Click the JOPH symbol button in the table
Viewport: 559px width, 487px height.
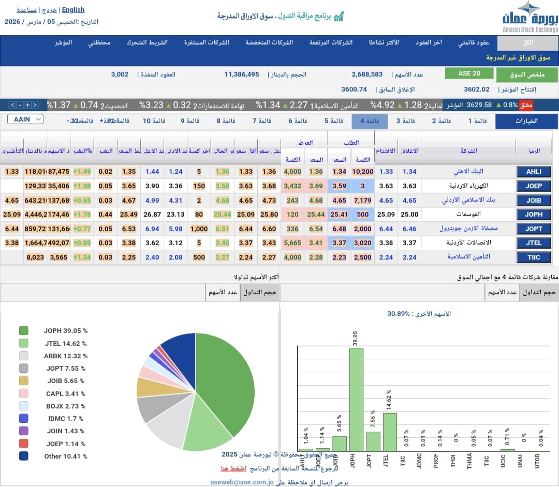534,214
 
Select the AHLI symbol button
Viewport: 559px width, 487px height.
534,172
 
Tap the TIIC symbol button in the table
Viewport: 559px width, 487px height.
534,257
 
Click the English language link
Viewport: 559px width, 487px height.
73,10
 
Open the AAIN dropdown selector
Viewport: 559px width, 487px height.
25,119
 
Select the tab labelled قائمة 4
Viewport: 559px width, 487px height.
370,121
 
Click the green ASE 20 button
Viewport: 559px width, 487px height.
469,73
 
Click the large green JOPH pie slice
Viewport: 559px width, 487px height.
228,383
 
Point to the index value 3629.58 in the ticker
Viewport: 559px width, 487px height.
479,105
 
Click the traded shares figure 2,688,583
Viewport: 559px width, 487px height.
367,74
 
